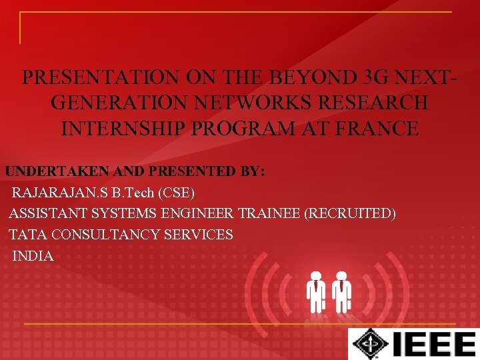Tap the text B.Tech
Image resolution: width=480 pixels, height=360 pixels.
coord(133,193)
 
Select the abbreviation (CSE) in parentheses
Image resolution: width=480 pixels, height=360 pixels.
coord(177,193)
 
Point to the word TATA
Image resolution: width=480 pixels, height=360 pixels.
coord(28,235)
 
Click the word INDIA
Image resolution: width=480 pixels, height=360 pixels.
coord(33,256)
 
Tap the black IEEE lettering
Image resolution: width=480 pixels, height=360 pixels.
coord(433,345)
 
